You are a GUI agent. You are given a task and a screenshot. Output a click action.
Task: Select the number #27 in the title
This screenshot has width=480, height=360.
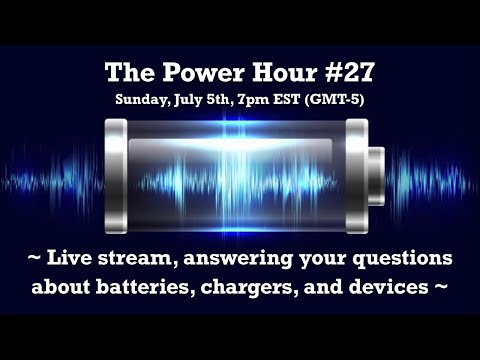point(335,74)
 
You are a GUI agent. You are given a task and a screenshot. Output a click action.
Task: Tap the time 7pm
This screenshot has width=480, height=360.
point(269,100)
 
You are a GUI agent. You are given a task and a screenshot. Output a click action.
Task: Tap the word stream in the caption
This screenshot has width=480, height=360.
point(135,260)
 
